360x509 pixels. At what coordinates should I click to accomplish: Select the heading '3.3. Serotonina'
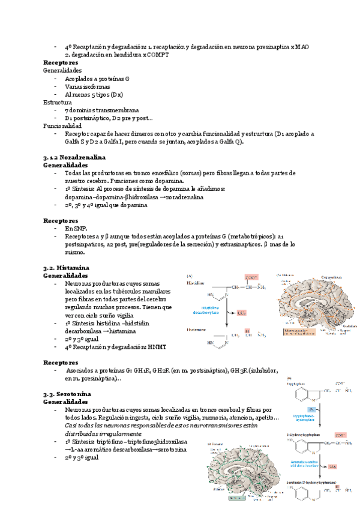pyautogui.click(x=67, y=393)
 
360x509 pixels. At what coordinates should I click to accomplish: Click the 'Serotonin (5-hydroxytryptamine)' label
pyautogui.click(x=312, y=482)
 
